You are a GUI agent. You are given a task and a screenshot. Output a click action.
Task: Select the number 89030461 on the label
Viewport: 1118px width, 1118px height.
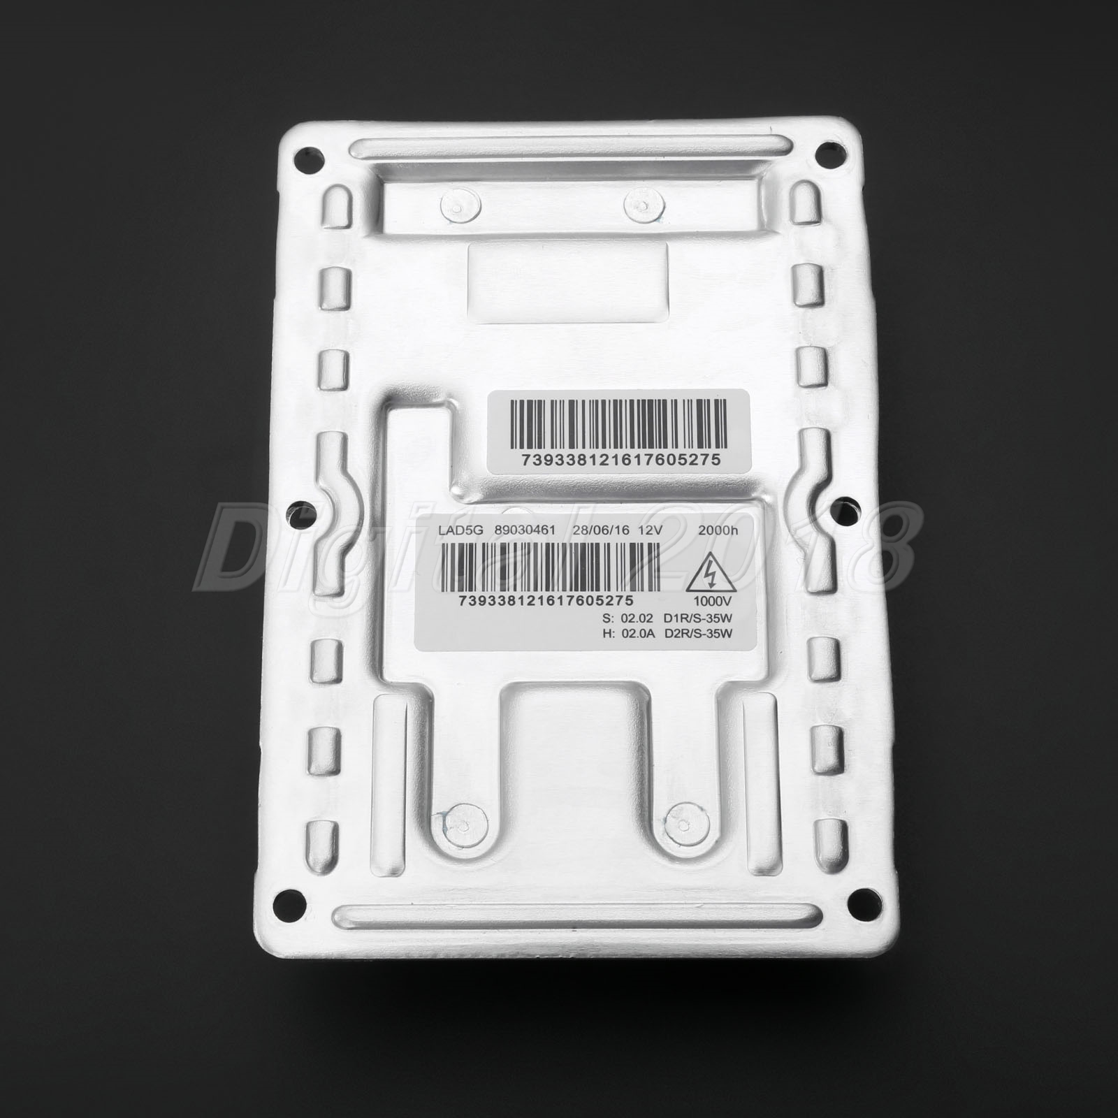[x=524, y=531]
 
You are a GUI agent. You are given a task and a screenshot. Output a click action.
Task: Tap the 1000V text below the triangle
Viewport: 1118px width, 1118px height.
[x=708, y=600]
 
